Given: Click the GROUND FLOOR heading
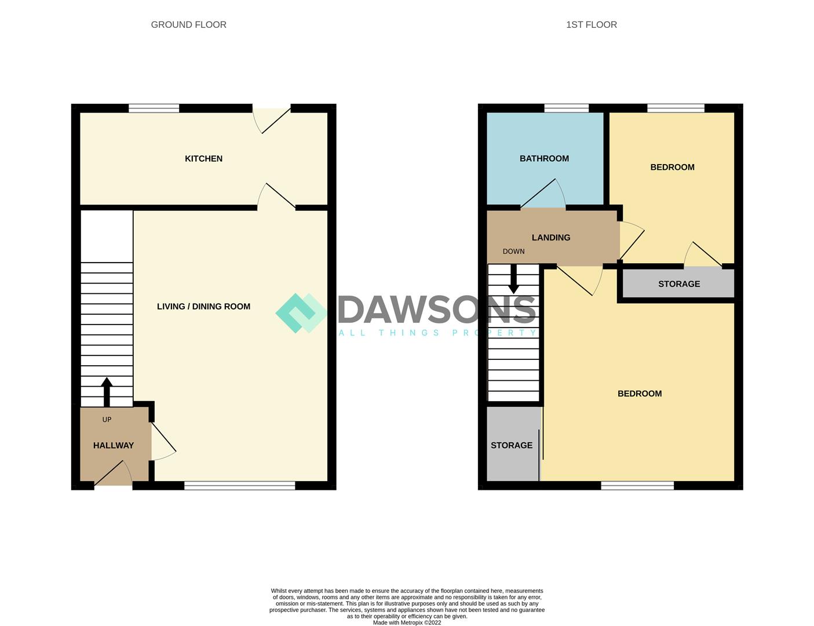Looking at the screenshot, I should (x=188, y=24).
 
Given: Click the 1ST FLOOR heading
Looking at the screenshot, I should (x=591, y=24).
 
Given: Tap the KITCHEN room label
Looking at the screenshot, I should (x=203, y=158).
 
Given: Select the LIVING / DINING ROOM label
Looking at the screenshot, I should (x=203, y=306).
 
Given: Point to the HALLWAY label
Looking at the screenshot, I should (x=114, y=445).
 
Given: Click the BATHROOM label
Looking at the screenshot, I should (x=544, y=158).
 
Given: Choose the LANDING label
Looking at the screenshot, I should (x=551, y=237).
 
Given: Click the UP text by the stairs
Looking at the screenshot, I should (x=107, y=419).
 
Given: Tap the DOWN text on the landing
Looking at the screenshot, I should (x=513, y=251).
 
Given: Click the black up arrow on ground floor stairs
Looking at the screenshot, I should (x=107, y=391).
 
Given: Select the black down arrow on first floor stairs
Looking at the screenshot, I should (x=513, y=281).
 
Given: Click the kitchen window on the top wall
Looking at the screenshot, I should (x=154, y=108).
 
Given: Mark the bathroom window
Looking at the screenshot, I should (x=567, y=108).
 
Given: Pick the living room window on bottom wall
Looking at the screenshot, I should (x=239, y=486).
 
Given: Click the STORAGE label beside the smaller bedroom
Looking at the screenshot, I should (x=679, y=283).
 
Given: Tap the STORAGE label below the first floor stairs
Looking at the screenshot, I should (x=512, y=445).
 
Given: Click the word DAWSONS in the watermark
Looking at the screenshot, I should (x=437, y=310).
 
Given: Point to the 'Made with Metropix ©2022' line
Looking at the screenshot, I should (x=407, y=623).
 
